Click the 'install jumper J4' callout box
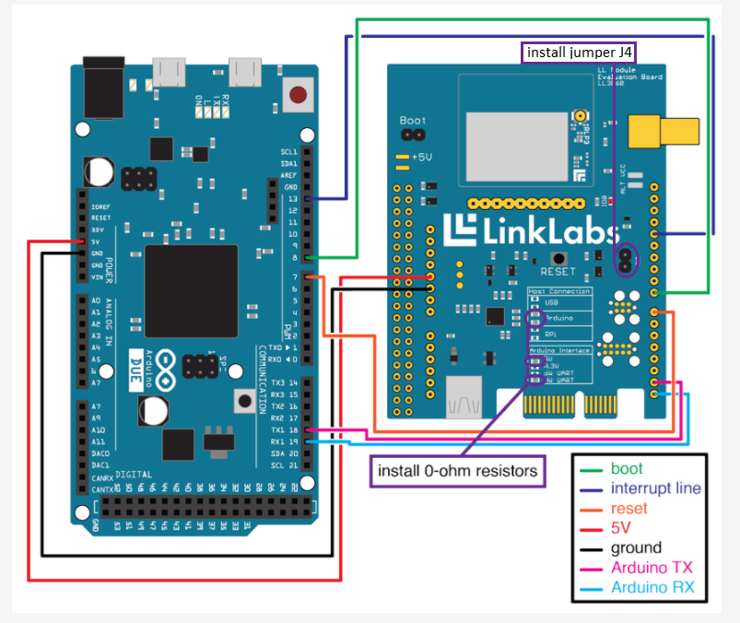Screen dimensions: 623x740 585,52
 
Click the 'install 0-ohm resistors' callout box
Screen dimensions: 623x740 457,471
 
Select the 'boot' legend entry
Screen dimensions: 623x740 627,468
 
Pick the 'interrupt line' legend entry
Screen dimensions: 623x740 655,488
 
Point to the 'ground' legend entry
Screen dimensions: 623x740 636,548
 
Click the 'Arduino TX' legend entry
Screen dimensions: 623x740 652,568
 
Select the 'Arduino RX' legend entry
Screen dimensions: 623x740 652,588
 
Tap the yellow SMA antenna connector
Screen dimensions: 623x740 663,132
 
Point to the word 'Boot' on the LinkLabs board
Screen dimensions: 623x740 412,121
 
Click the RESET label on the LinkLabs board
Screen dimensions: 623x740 558,272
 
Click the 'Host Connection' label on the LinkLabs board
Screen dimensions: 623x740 558,291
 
